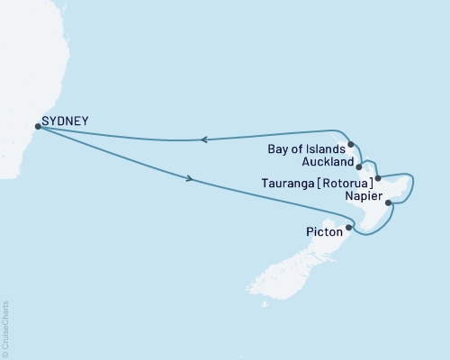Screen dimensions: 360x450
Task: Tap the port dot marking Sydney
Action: click(x=37, y=127)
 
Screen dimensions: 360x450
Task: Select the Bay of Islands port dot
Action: click(x=351, y=144)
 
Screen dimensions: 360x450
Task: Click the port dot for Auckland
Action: click(x=359, y=166)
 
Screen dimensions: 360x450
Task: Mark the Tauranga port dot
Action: click(x=378, y=178)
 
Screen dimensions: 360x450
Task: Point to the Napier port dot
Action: click(x=388, y=203)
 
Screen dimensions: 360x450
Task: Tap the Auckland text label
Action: click(x=328, y=165)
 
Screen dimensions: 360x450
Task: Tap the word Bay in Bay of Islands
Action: click(x=279, y=149)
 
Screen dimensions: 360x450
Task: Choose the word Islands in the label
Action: click(x=326, y=149)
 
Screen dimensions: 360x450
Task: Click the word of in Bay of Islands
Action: click(x=299, y=149)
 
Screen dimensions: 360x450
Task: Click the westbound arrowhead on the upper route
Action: click(x=204, y=139)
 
